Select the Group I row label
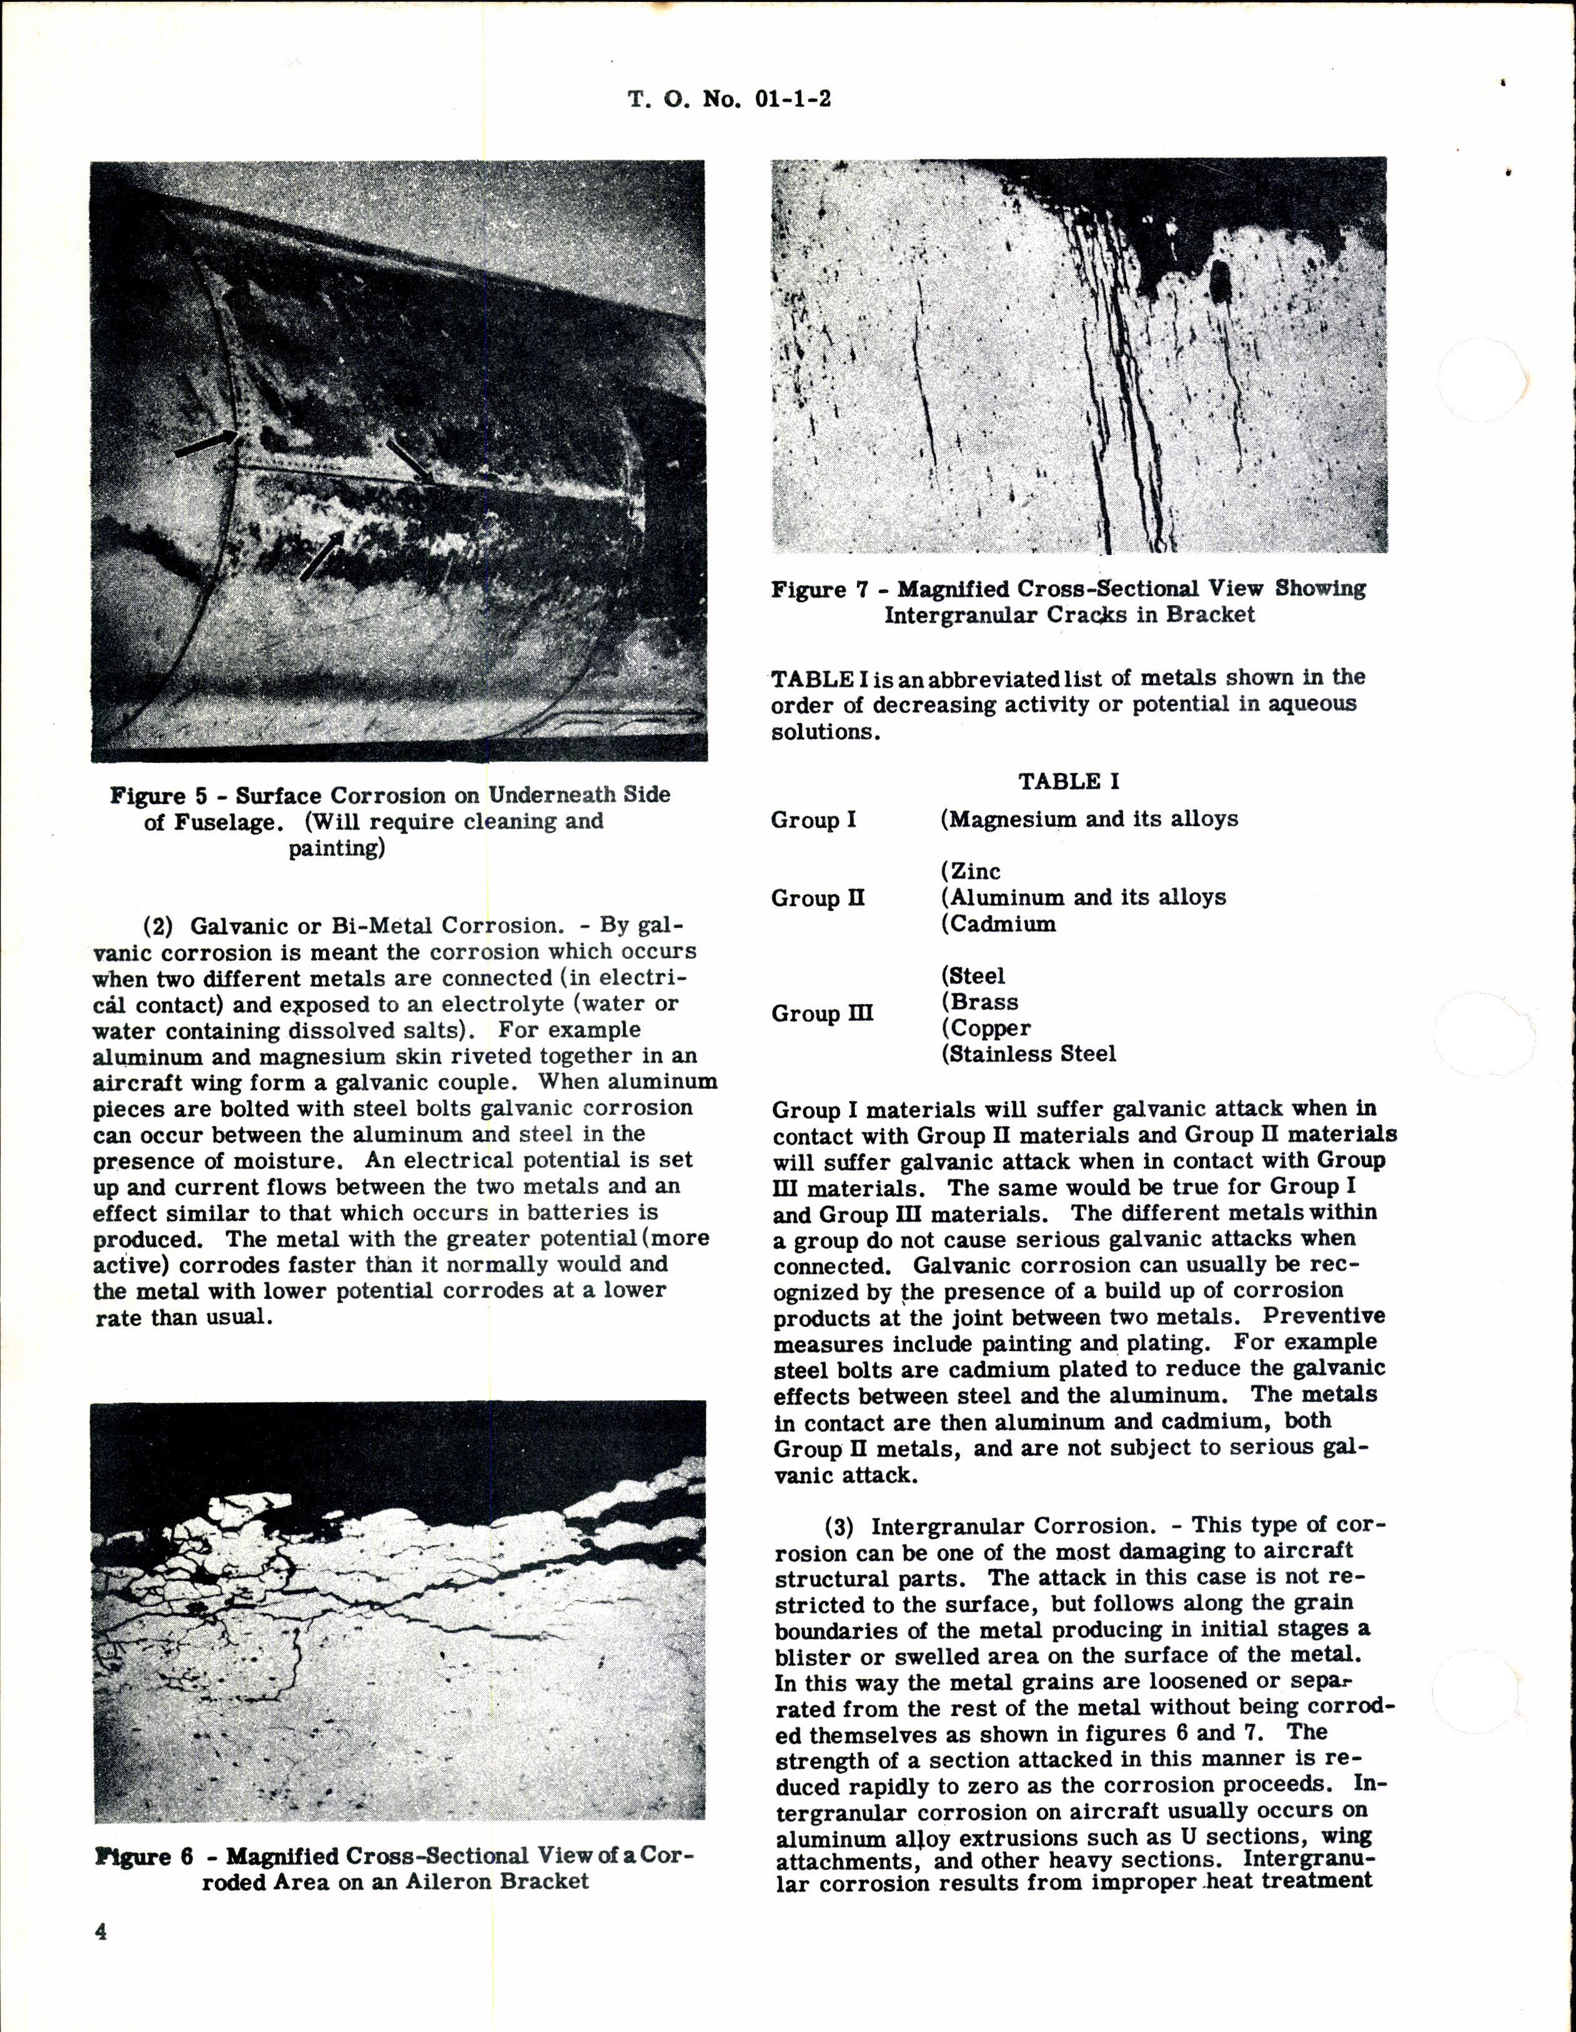(813, 820)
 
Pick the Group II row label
(817, 898)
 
